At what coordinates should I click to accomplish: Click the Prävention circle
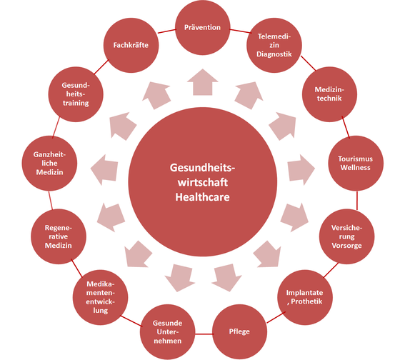click(203, 27)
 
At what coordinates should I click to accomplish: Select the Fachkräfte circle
click(131, 45)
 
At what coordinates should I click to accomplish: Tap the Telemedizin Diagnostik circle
click(274, 45)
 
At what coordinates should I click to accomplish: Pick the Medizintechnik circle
click(329, 94)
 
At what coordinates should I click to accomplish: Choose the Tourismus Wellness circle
click(356, 164)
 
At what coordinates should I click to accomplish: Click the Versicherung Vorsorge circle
click(346, 236)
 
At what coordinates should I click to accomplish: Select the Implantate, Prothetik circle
click(305, 297)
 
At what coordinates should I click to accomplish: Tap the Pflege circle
click(239, 331)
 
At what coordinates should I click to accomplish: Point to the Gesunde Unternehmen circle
click(168, 331)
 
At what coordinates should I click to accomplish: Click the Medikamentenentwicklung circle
click(100, 297)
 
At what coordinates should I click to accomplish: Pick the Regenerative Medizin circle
click(59, 236)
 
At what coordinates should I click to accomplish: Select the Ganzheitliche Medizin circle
click(49, 164)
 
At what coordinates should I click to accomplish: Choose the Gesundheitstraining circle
click(76, 94)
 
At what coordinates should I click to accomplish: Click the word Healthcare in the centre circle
click(203, 197)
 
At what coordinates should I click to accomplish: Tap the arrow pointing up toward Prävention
click(203, 83)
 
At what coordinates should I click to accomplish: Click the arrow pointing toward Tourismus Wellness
click(301, 169)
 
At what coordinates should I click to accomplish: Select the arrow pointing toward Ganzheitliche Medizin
click(104, 169)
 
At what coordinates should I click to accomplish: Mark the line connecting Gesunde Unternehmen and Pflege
click(204, 334)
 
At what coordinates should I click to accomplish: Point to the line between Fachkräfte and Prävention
click(167, 31)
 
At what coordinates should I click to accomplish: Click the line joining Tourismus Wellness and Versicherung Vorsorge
click(357, 200)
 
